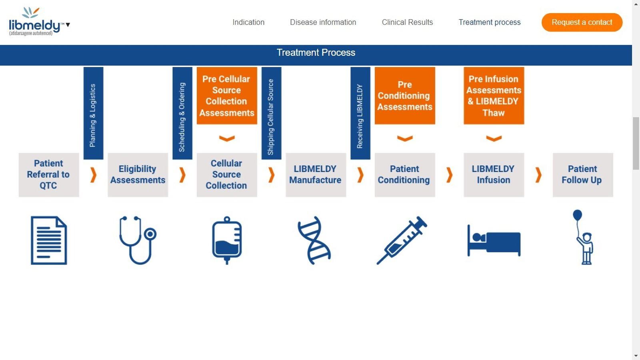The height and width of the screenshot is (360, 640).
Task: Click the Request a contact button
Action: tap(582, 22)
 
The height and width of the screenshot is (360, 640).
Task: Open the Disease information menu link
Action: tap(323, 22)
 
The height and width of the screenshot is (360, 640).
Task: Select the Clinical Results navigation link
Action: tap(407, 22)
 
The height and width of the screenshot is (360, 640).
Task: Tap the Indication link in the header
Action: tap(248, 22)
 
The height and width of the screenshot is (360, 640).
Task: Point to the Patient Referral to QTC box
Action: tap(49, 175)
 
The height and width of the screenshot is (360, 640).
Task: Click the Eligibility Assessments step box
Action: tap(138, 175)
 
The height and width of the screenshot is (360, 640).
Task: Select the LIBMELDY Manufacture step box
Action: tap(316, 175)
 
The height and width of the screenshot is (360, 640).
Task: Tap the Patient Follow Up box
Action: tap(582, 175)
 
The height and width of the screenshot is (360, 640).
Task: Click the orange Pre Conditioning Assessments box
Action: tap(405, 96)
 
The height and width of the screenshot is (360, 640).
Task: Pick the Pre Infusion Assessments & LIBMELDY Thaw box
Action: tap(494, 96)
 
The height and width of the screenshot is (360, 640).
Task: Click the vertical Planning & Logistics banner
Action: tap(93, 113)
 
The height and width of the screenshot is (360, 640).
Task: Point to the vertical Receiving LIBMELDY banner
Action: tap(360, 113)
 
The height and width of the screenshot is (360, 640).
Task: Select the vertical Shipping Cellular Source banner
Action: tap(271, 113)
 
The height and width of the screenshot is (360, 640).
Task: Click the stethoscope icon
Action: tap(138, 240)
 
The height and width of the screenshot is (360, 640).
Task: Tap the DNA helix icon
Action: tap(314, 240)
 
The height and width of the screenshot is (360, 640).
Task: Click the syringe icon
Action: tap(402, 240)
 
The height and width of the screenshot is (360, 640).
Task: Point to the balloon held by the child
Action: tap(577, 216)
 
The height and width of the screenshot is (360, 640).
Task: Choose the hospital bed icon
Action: tap(494, 241)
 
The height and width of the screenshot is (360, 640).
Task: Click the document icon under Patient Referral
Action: tap(49, 240)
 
